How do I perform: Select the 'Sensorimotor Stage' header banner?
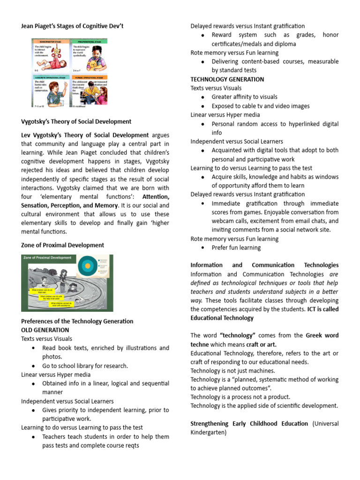click(x=51, y=41)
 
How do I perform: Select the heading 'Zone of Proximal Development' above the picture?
click(x=62, y=245)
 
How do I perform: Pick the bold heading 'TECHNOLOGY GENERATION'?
click(x=227, y=79)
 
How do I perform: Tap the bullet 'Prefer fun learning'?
click(x=236, y=247)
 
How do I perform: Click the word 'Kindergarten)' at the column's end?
click(x=208, y=433)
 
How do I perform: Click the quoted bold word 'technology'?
click(x=237, y=336)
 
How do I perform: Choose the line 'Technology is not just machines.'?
click(x=232, y=371)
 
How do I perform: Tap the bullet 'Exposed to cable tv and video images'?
click(x=260, y=106)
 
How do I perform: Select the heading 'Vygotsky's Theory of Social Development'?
click(x=76, y=121)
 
